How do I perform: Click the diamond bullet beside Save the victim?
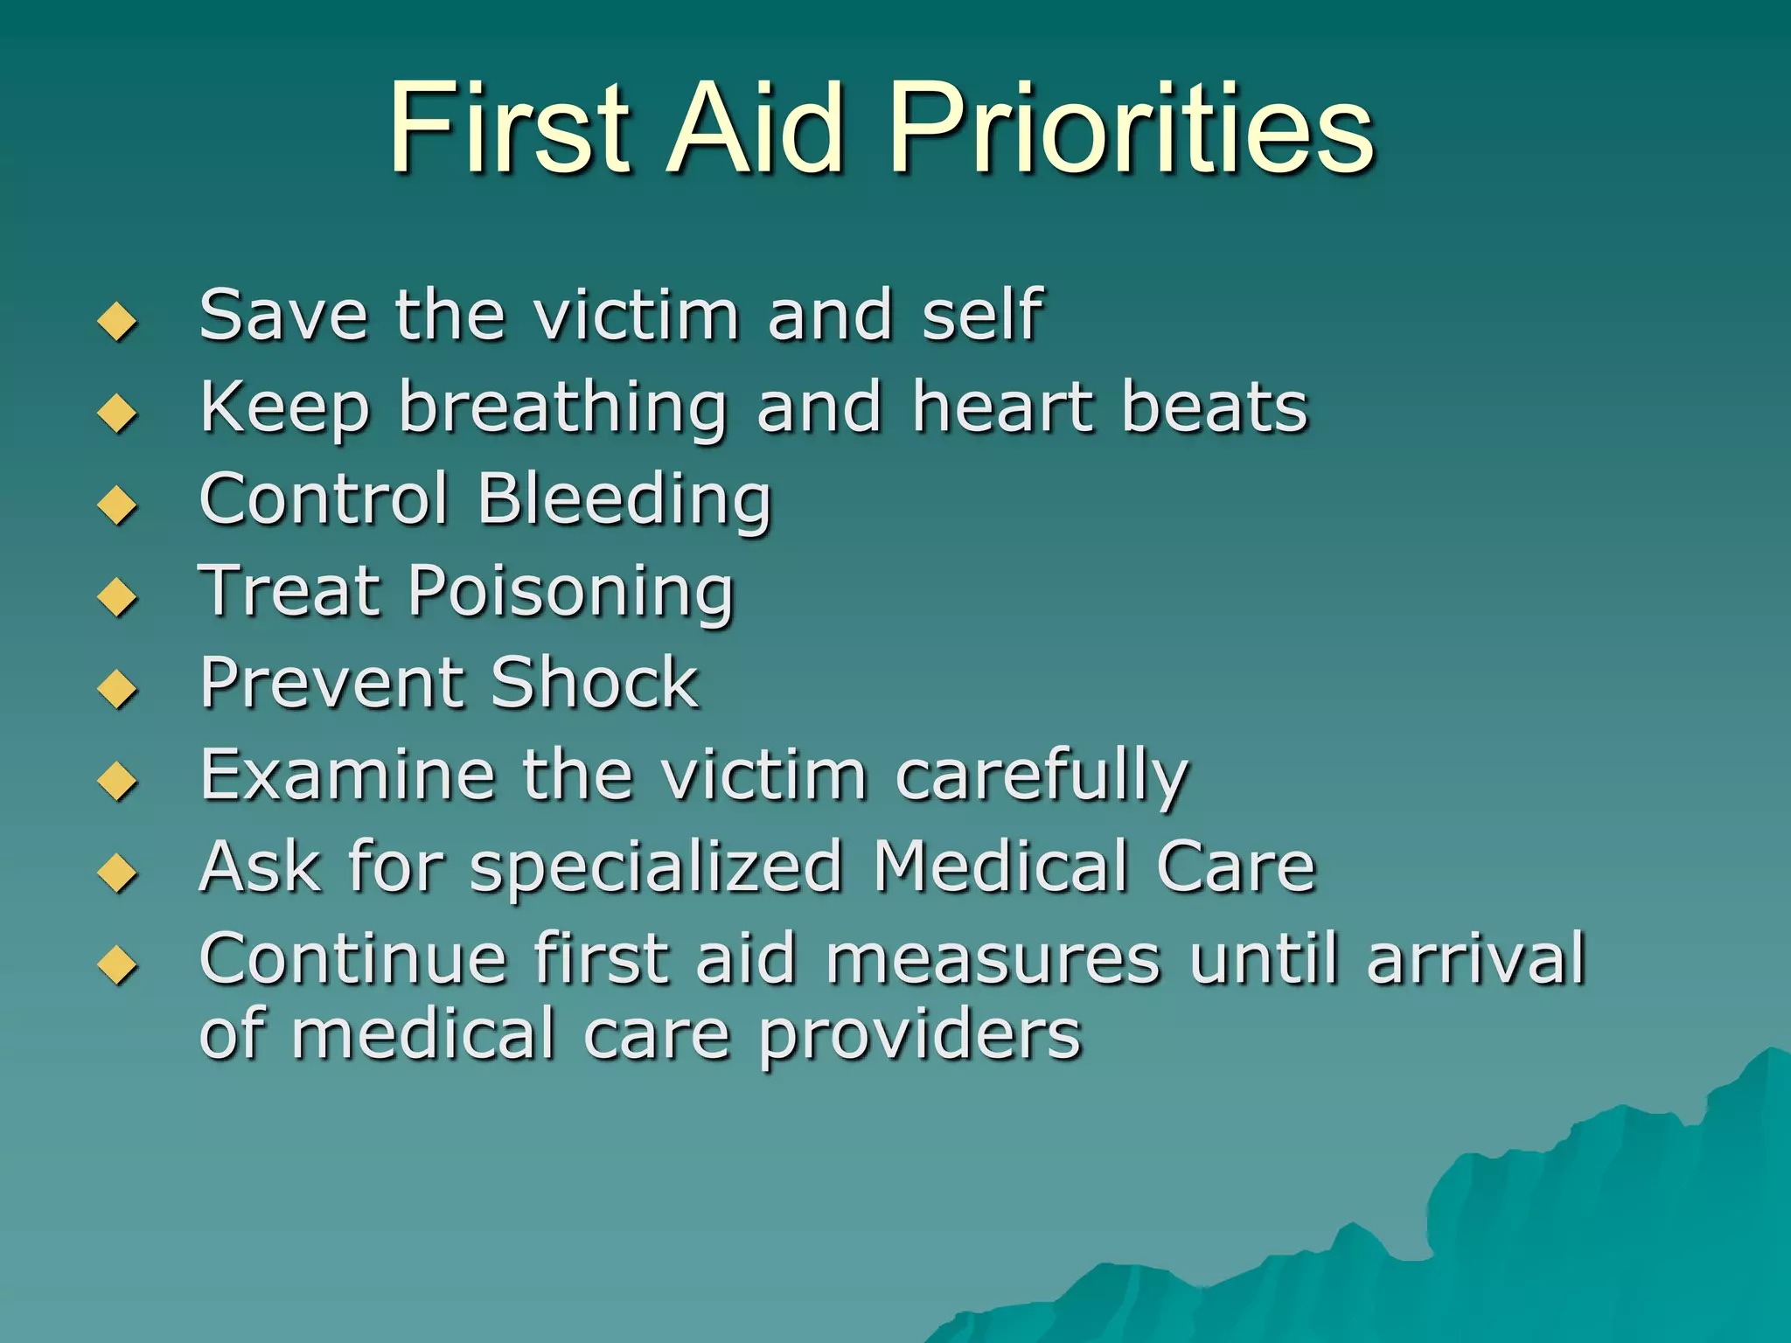[117, 321]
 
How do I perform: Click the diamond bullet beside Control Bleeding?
[117, 505]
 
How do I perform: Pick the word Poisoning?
[571, 593]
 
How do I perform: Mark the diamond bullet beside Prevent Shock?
[117, 689]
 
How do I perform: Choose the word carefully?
[1042, 776]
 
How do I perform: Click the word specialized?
[656, 868]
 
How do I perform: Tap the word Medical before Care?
[1000, 866]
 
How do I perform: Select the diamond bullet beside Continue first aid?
[117, 965]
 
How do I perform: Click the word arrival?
[1476, 958]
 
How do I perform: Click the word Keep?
[285, 407]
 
